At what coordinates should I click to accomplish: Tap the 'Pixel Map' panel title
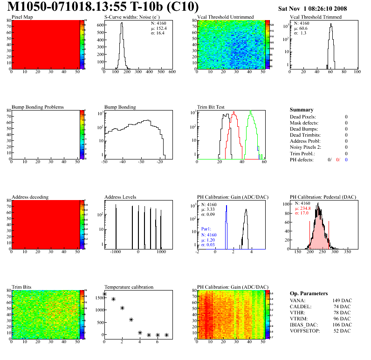click(22, 17)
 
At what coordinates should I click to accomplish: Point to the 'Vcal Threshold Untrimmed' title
click(225, 17)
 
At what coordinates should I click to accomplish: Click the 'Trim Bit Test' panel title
click(211, 107)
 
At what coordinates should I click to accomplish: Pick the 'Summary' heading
click(302, 110)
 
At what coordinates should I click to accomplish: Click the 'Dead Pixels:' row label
click(303, 117)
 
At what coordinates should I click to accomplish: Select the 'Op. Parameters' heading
click(309, 293)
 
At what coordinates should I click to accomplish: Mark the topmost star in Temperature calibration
click(104, 294)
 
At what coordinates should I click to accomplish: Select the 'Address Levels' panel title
click(120, 197)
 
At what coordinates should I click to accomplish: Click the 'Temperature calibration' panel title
click(129, 287)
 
